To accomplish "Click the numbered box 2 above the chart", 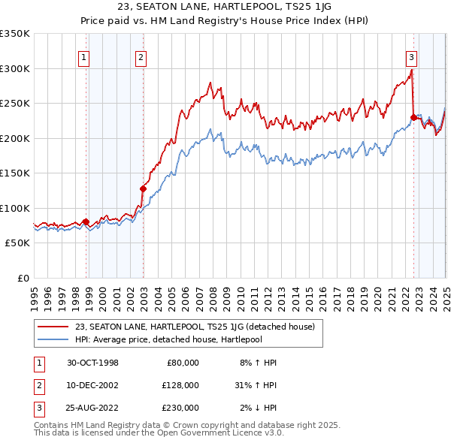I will tap(141, 56).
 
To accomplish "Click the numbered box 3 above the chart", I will tap(411, 56).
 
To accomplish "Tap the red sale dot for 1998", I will tap(86, 221).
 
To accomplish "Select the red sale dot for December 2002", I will tap(143, 188).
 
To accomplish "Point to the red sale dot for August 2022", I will tap(413, 117).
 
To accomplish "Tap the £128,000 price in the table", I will tap(180, 385).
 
